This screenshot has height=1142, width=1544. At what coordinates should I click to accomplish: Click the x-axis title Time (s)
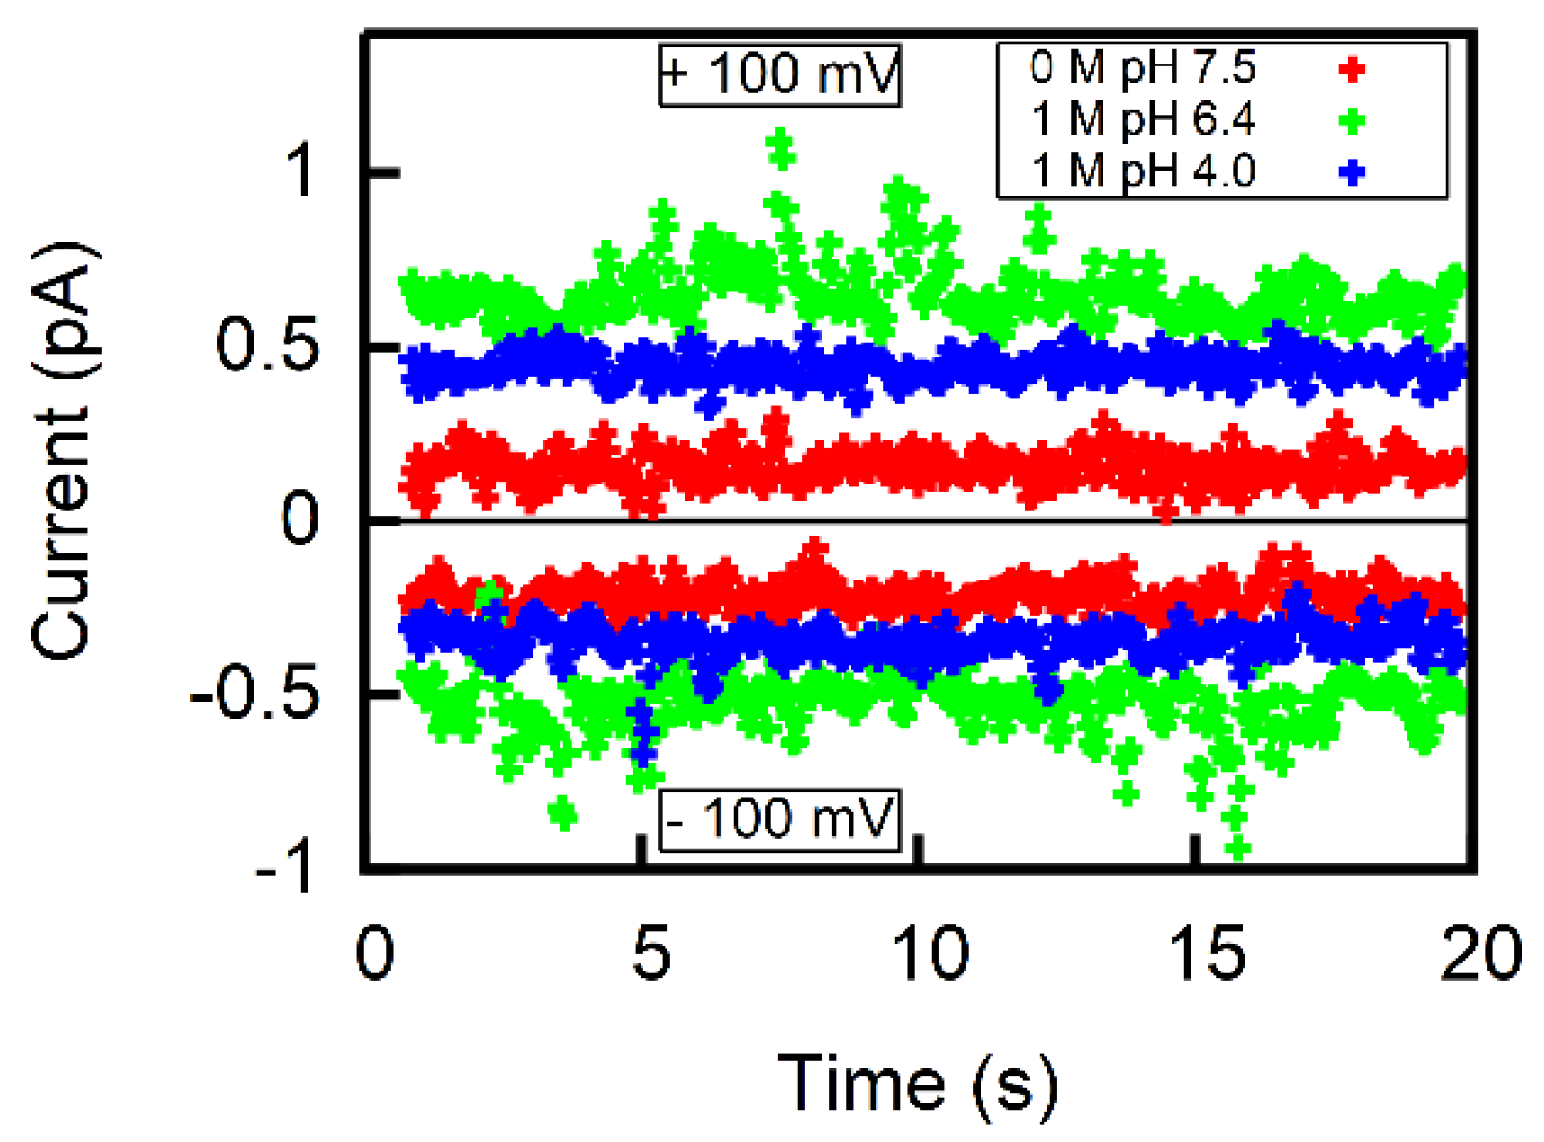[x=917, y=1084]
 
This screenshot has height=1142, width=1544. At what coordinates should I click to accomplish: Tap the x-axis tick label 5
[x=650, y=953]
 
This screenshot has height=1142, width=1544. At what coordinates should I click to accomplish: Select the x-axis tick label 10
[x=930, y=953]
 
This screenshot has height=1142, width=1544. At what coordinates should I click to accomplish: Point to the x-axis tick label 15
[x=1208, y=953]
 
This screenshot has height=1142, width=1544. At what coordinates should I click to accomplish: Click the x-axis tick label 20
[x=1480, y=953]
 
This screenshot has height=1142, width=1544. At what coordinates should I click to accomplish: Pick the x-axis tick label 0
[x=374, y=953]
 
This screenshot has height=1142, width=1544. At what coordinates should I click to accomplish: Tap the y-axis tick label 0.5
[x=267, y=346]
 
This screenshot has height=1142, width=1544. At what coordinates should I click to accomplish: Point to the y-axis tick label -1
[x=284, y=867]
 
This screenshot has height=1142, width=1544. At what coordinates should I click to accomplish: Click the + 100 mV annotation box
[x=779, y=74]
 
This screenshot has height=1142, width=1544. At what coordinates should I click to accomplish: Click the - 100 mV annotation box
[x=779, y=819]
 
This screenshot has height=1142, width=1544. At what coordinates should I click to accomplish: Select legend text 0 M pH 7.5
[x=1142, y=68]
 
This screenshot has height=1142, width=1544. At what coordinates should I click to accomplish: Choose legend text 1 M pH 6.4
[x=1142, y=119]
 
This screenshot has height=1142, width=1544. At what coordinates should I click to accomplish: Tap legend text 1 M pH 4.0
[x=1142, y=170]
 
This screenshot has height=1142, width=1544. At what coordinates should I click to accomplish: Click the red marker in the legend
[x=1351, y=69]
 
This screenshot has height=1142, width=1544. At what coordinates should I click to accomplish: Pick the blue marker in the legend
[x=1351, y=171]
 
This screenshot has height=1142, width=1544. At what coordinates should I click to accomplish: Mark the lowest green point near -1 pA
[x=1238, y=847]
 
